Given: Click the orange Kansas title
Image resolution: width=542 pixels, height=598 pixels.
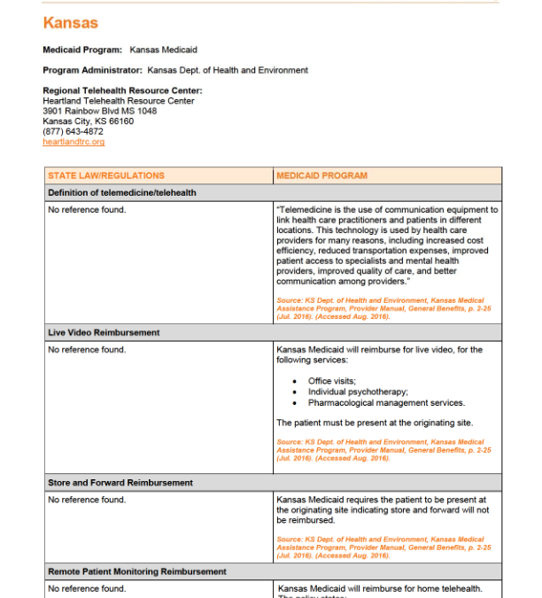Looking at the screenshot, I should coord(70,23).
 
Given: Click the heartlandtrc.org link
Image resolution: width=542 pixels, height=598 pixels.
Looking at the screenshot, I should coord(74,142).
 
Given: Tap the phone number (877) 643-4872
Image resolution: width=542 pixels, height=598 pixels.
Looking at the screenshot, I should coord(73,131).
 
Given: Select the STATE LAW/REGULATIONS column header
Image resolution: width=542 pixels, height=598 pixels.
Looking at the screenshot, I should coord(106,175).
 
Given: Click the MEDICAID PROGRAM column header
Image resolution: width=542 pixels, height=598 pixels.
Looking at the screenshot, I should coord(321,175).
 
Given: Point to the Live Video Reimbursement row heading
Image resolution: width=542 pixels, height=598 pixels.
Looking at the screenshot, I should coord(104,333).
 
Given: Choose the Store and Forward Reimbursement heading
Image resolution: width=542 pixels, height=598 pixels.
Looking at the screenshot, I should coord(120,483).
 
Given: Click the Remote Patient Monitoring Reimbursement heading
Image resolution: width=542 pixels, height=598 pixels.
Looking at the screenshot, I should coord(136,572).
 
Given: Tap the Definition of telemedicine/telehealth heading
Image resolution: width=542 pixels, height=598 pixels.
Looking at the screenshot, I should coord(122,192).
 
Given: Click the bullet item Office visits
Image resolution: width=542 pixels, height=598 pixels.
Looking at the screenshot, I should coord(332,381).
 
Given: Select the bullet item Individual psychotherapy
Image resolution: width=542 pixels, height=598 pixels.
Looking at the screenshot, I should coord(358,392).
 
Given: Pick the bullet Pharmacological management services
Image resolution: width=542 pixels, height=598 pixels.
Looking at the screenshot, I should coord(386,402).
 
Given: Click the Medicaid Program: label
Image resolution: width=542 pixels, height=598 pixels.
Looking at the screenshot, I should coord(82,50).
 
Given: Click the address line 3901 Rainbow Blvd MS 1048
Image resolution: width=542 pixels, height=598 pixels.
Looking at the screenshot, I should coord(99,111).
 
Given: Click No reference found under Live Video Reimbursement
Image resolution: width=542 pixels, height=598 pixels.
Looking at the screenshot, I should coord(87,350).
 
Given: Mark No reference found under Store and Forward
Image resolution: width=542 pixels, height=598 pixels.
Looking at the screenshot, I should coord(87,500).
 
